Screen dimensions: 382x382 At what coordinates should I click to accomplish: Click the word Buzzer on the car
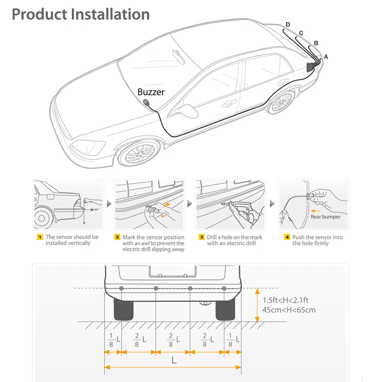[x=151, y=92]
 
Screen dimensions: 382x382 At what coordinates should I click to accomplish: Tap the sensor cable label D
[x=288, y=24]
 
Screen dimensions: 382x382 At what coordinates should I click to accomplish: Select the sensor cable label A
[x=326, y=57]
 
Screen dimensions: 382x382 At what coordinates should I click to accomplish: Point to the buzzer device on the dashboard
[x=147, y=102]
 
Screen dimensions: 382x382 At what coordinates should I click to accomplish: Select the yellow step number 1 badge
[x=40, y=237]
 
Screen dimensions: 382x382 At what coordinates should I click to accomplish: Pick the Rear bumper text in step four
[x=325, y=217]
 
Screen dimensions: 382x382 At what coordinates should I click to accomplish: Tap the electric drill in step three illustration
[x=241, y=208]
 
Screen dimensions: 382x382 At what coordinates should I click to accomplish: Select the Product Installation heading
[x=81, y=14]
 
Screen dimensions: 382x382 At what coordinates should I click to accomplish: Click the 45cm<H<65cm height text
[x=289, y=310]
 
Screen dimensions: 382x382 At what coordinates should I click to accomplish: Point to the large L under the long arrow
[x=174, y=360]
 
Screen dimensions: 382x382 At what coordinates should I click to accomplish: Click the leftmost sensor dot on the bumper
[x=121, y=288]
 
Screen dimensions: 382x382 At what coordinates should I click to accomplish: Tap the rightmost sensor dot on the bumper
[x=224, y=288]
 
